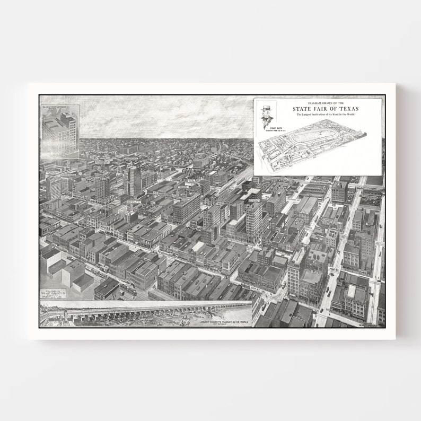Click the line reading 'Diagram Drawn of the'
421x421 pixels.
(326, 102)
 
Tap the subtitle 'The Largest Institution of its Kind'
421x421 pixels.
(326, 115)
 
